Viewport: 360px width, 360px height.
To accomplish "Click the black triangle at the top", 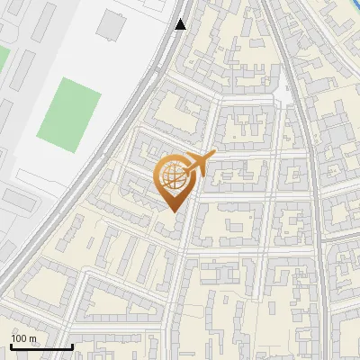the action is click(181, 24).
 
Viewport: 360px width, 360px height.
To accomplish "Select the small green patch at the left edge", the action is click(3, 58).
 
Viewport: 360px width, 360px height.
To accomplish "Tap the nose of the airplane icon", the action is click(215, 155).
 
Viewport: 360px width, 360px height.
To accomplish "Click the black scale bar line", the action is click(40, 347).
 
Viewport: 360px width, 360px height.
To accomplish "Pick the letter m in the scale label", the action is click(32, 338).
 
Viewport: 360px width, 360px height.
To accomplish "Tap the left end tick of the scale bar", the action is click(10, 346).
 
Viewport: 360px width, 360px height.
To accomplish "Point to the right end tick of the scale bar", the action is click(72, 346).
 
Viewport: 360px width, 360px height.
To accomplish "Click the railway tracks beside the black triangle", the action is click(167, 36).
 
